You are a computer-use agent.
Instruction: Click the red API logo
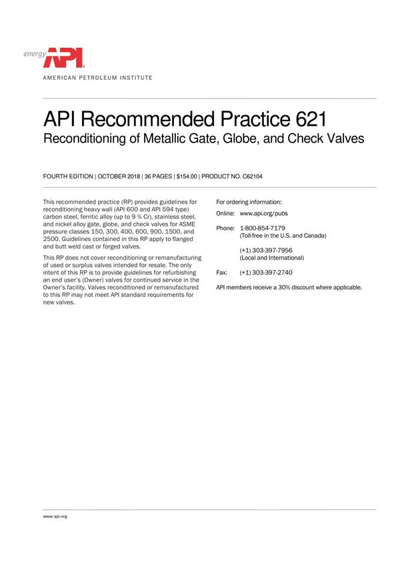64,57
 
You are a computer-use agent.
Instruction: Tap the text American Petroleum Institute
97,78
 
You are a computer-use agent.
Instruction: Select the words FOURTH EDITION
69,176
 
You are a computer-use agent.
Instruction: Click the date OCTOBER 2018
121,176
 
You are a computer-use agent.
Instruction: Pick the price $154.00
187,176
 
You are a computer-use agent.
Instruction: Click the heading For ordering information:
249,202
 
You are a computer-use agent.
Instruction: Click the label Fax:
223,273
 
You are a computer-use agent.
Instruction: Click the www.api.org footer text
55,516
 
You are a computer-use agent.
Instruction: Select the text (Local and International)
272,258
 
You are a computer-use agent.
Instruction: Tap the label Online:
226,214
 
